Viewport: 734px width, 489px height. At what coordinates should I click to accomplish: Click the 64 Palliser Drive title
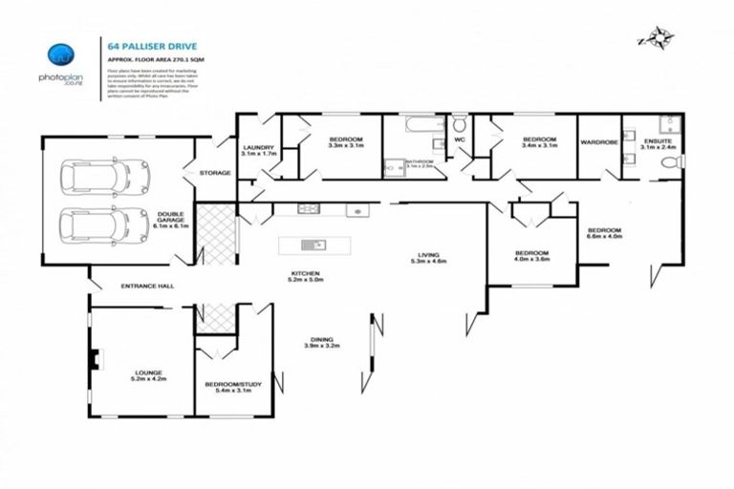click(x=144, y=43)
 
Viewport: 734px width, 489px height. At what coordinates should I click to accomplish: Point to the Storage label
click(x=215, y=173)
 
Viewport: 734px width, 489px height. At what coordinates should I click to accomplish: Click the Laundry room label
click(x=258, y=149)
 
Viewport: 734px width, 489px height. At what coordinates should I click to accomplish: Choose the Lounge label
click(x=147, y=375)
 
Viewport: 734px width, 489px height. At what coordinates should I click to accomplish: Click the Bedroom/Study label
click(x=233, y=387)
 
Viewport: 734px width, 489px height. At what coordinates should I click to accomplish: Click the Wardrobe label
click(x=599, y=143)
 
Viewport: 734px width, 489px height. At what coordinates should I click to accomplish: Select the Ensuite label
click(x=658, y=143)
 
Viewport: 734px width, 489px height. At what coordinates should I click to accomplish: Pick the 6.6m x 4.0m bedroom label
click(x=604, y=233)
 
